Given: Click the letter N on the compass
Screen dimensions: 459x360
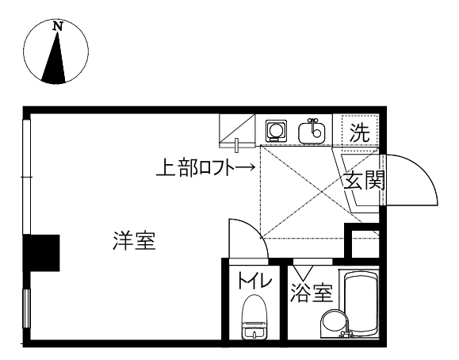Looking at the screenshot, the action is point(58,27).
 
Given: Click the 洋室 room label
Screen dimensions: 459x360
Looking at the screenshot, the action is point(134,240).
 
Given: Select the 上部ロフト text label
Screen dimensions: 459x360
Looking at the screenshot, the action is point(196,167).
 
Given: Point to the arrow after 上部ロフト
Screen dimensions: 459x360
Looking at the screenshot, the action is point(245,167).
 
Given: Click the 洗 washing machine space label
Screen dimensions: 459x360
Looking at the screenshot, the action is point(360,132).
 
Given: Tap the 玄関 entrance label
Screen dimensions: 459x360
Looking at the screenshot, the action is point(364,180).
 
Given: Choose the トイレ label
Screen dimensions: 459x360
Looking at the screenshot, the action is point(255,280).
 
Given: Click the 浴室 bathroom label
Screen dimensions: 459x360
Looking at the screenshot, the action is point(312,292).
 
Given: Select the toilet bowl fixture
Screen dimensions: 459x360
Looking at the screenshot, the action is point(254,317).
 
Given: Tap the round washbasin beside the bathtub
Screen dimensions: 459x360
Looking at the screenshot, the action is point(334,324).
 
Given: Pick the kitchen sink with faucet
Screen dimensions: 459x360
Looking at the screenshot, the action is point(312,132).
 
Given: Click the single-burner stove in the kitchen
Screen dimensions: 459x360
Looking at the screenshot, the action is point(276,130).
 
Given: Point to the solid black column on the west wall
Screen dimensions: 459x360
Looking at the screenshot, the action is point(41,253).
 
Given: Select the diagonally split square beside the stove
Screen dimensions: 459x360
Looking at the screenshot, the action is point(237,131).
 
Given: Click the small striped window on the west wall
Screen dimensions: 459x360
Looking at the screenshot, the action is point(27,308).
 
